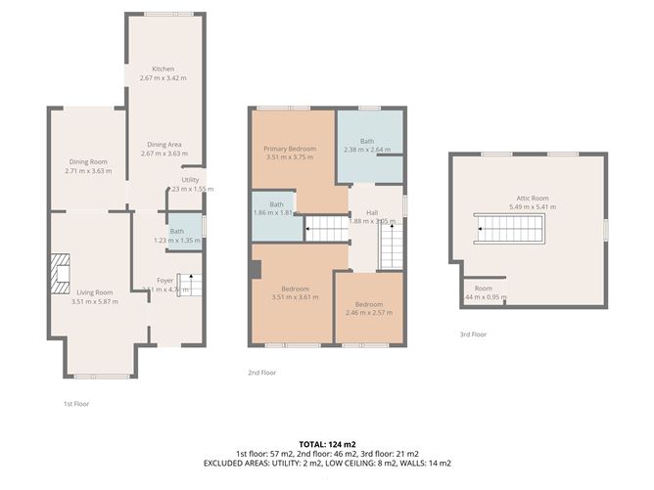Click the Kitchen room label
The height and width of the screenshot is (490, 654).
click(163, 69)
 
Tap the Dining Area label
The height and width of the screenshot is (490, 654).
click(163, 145)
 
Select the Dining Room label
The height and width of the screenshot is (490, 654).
click(88, 161)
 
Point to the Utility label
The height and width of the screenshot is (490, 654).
click(190, 180)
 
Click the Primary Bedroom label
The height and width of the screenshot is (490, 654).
click(289, 149)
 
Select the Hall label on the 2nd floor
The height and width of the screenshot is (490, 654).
click(372, 212)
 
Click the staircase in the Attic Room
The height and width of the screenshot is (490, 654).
click(508, 230)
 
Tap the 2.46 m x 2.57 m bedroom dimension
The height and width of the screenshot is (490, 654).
click(368, 313)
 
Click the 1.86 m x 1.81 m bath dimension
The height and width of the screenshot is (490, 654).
click(276, 212)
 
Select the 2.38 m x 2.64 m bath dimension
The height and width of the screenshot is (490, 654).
click(367, 150)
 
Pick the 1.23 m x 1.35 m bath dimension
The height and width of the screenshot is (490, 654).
click(176, 240)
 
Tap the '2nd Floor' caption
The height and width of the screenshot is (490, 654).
click(261, 373)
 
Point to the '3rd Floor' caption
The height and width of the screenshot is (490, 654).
click(473, 334)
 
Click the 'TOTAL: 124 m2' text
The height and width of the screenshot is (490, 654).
click(326, 445)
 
